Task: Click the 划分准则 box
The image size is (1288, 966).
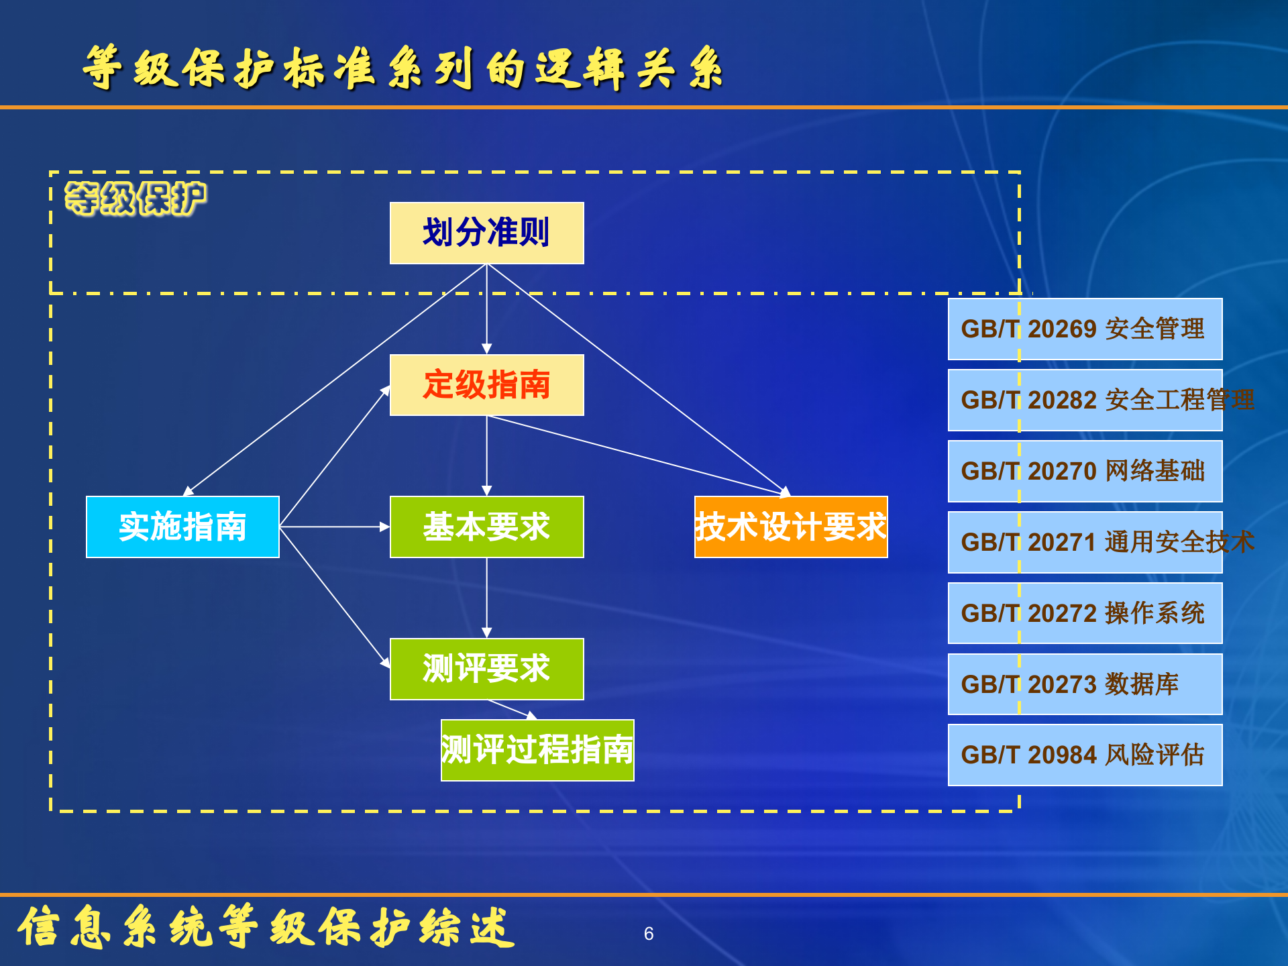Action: tap(486, 233)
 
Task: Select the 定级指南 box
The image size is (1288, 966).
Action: tap(486, 385)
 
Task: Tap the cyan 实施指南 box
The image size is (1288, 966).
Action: tap(182, 527)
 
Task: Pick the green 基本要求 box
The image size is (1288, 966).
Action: tap(486, 527)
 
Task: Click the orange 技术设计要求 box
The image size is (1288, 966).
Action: tap(791, 527)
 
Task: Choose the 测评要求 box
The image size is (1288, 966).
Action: tap(486, 669)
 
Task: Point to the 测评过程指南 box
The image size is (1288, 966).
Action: tap(537, 750)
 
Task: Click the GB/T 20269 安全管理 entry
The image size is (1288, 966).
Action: tap(1085, 329)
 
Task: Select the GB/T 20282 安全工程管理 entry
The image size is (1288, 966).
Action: tap(1085, 400)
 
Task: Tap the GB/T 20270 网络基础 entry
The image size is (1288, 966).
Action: tap(1085, 471)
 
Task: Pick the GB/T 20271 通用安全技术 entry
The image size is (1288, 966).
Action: tap(1085, 542)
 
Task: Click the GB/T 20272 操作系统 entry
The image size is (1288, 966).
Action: tap(1085, 613)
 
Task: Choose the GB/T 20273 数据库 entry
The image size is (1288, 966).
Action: tap(1085, 684)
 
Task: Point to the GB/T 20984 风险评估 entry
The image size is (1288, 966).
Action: tap(1085, 755)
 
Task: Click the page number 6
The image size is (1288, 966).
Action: tap(649, 934)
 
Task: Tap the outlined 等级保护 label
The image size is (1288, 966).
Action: tap(136, 199)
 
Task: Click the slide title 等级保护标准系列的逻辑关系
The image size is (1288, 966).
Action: tap(402, 68)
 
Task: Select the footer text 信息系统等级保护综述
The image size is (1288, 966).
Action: tap(265, 927)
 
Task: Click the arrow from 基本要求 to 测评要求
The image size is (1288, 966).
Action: tap(487, 597)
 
